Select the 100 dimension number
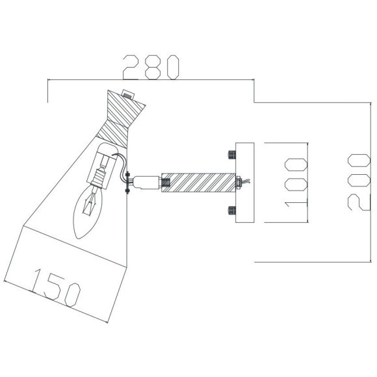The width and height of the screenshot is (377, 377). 296,182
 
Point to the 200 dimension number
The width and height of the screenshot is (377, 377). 358,182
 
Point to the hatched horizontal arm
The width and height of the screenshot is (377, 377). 198,181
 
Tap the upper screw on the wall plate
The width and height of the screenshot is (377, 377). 231,155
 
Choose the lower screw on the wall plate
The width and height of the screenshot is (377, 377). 231,209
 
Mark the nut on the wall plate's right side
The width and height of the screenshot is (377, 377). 241,181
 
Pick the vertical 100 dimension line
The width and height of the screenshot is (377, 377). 307,182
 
